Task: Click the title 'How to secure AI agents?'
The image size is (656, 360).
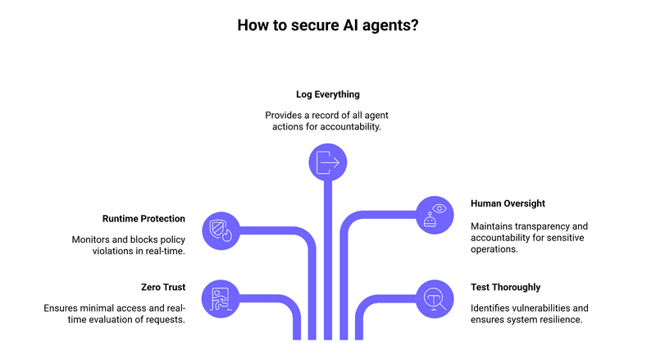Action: click(x=328, y=25)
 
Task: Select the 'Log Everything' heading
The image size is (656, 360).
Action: click(x=328, y=94)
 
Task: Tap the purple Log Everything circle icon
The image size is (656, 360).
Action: click(x=328, y=162)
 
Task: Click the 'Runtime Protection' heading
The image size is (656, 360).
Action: click(x=143, y=219)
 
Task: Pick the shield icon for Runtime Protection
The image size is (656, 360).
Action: click(x=221, y=230)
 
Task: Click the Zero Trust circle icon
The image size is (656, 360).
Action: click(x=221, y=298)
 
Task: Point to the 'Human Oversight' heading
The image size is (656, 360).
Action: click(x=508, y=203)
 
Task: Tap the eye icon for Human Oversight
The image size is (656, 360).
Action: click(x=435, y=215)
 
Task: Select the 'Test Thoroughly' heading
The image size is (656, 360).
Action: click(x=505, y=287)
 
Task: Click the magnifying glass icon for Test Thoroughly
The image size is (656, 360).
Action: click(x=435, y=298)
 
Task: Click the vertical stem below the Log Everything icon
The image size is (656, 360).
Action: click(x=328, y=262)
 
